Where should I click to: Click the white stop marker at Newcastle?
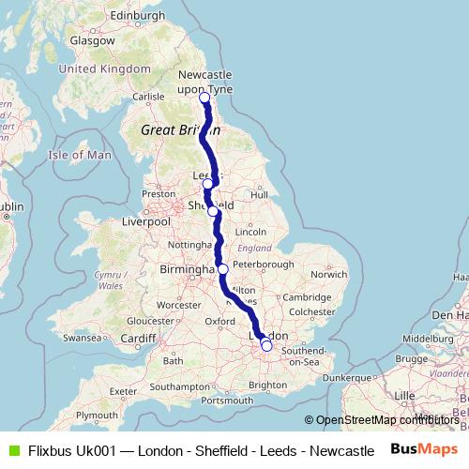(x=204, y=97)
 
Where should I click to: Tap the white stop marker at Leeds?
(x=207, y=184)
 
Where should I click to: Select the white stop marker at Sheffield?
(x=213, y=211)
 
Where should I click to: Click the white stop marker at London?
(x=266, y=346)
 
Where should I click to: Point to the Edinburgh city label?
(x=137, y=16)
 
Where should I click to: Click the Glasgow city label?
(x=92, y=41)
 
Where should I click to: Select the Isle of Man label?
(x=80, y=155)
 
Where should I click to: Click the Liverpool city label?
(x=146, y=222)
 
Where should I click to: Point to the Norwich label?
(x=328, y=275)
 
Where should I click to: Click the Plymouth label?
(x=98, y=415)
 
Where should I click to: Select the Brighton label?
(x=267, y=386)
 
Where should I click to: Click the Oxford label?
(x=219, y=321)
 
